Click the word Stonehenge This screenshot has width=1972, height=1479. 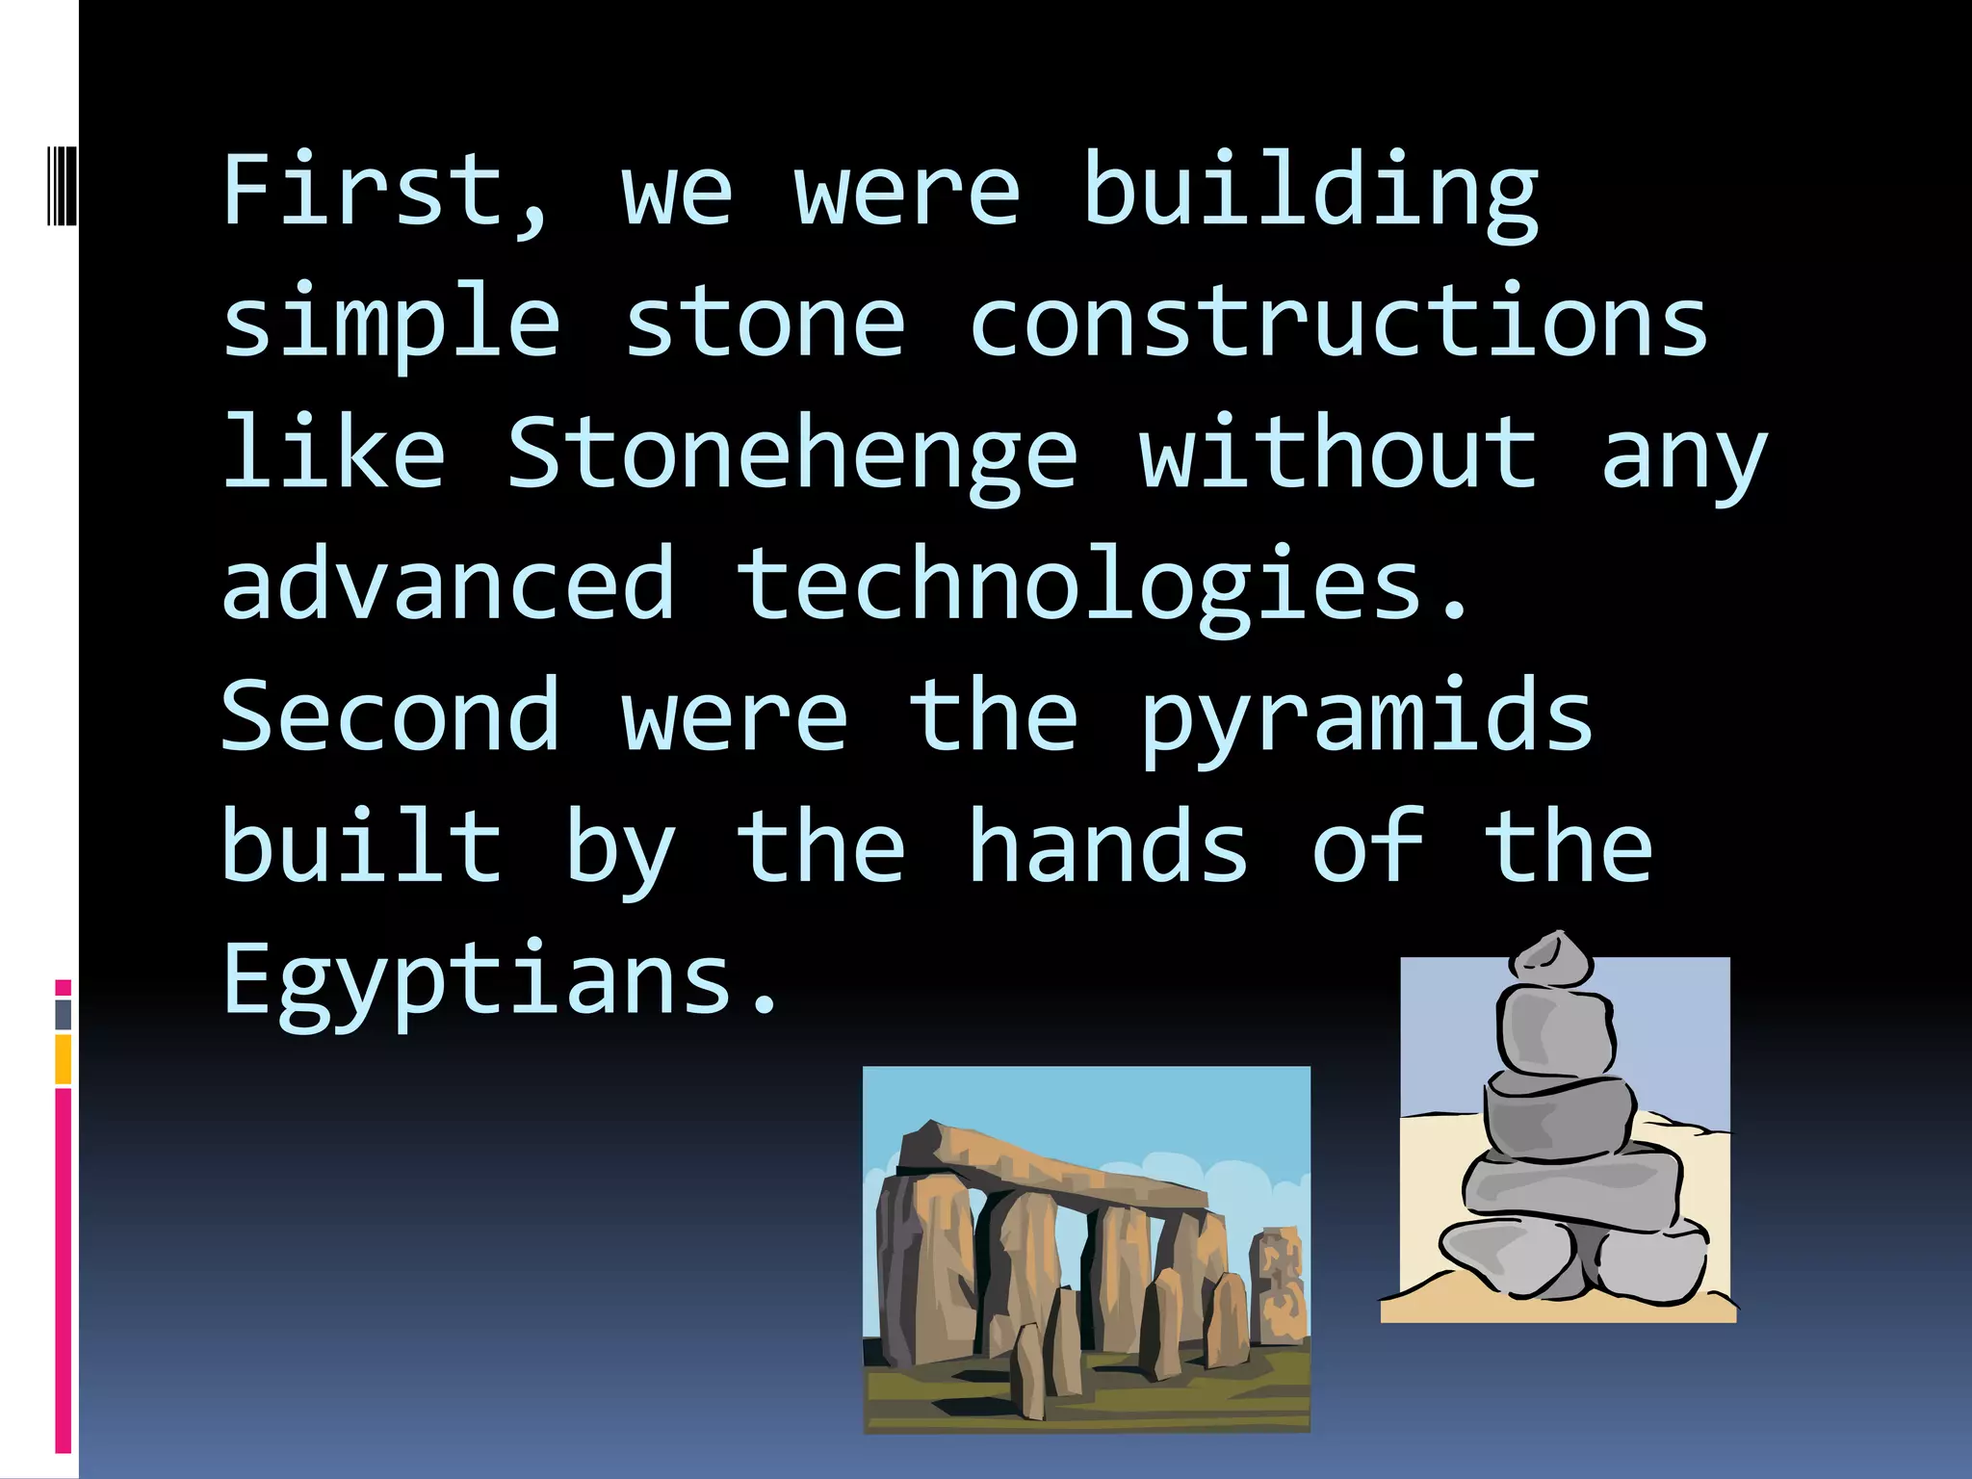click(791, 453)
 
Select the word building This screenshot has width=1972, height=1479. click(1310, 191)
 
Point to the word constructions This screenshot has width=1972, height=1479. click(1338, 322)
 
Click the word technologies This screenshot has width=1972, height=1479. click(1103, 584)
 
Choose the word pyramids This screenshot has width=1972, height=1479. click(1367, 717)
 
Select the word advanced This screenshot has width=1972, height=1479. click(448, 584)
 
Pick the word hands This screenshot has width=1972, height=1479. click(1107, 847)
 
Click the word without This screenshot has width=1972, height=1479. click(1338, 453)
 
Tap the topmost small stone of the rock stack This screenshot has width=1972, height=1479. click(1551, 959)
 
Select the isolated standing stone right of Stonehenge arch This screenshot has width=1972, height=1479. click(1279, 1285)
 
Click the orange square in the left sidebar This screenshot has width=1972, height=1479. click(63, 1059)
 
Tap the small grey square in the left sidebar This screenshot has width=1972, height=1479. click(63, 1014)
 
